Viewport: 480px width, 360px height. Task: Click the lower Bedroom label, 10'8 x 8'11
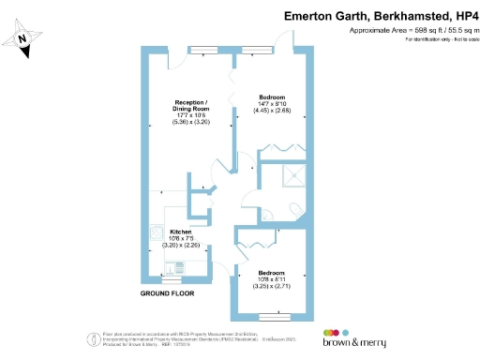[x=271, y=274]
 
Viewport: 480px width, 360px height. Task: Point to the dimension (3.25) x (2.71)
[x=271, y=286]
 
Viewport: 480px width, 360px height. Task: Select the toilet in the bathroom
[x=293, y=208]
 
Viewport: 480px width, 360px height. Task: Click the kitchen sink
[x=156, y=233]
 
